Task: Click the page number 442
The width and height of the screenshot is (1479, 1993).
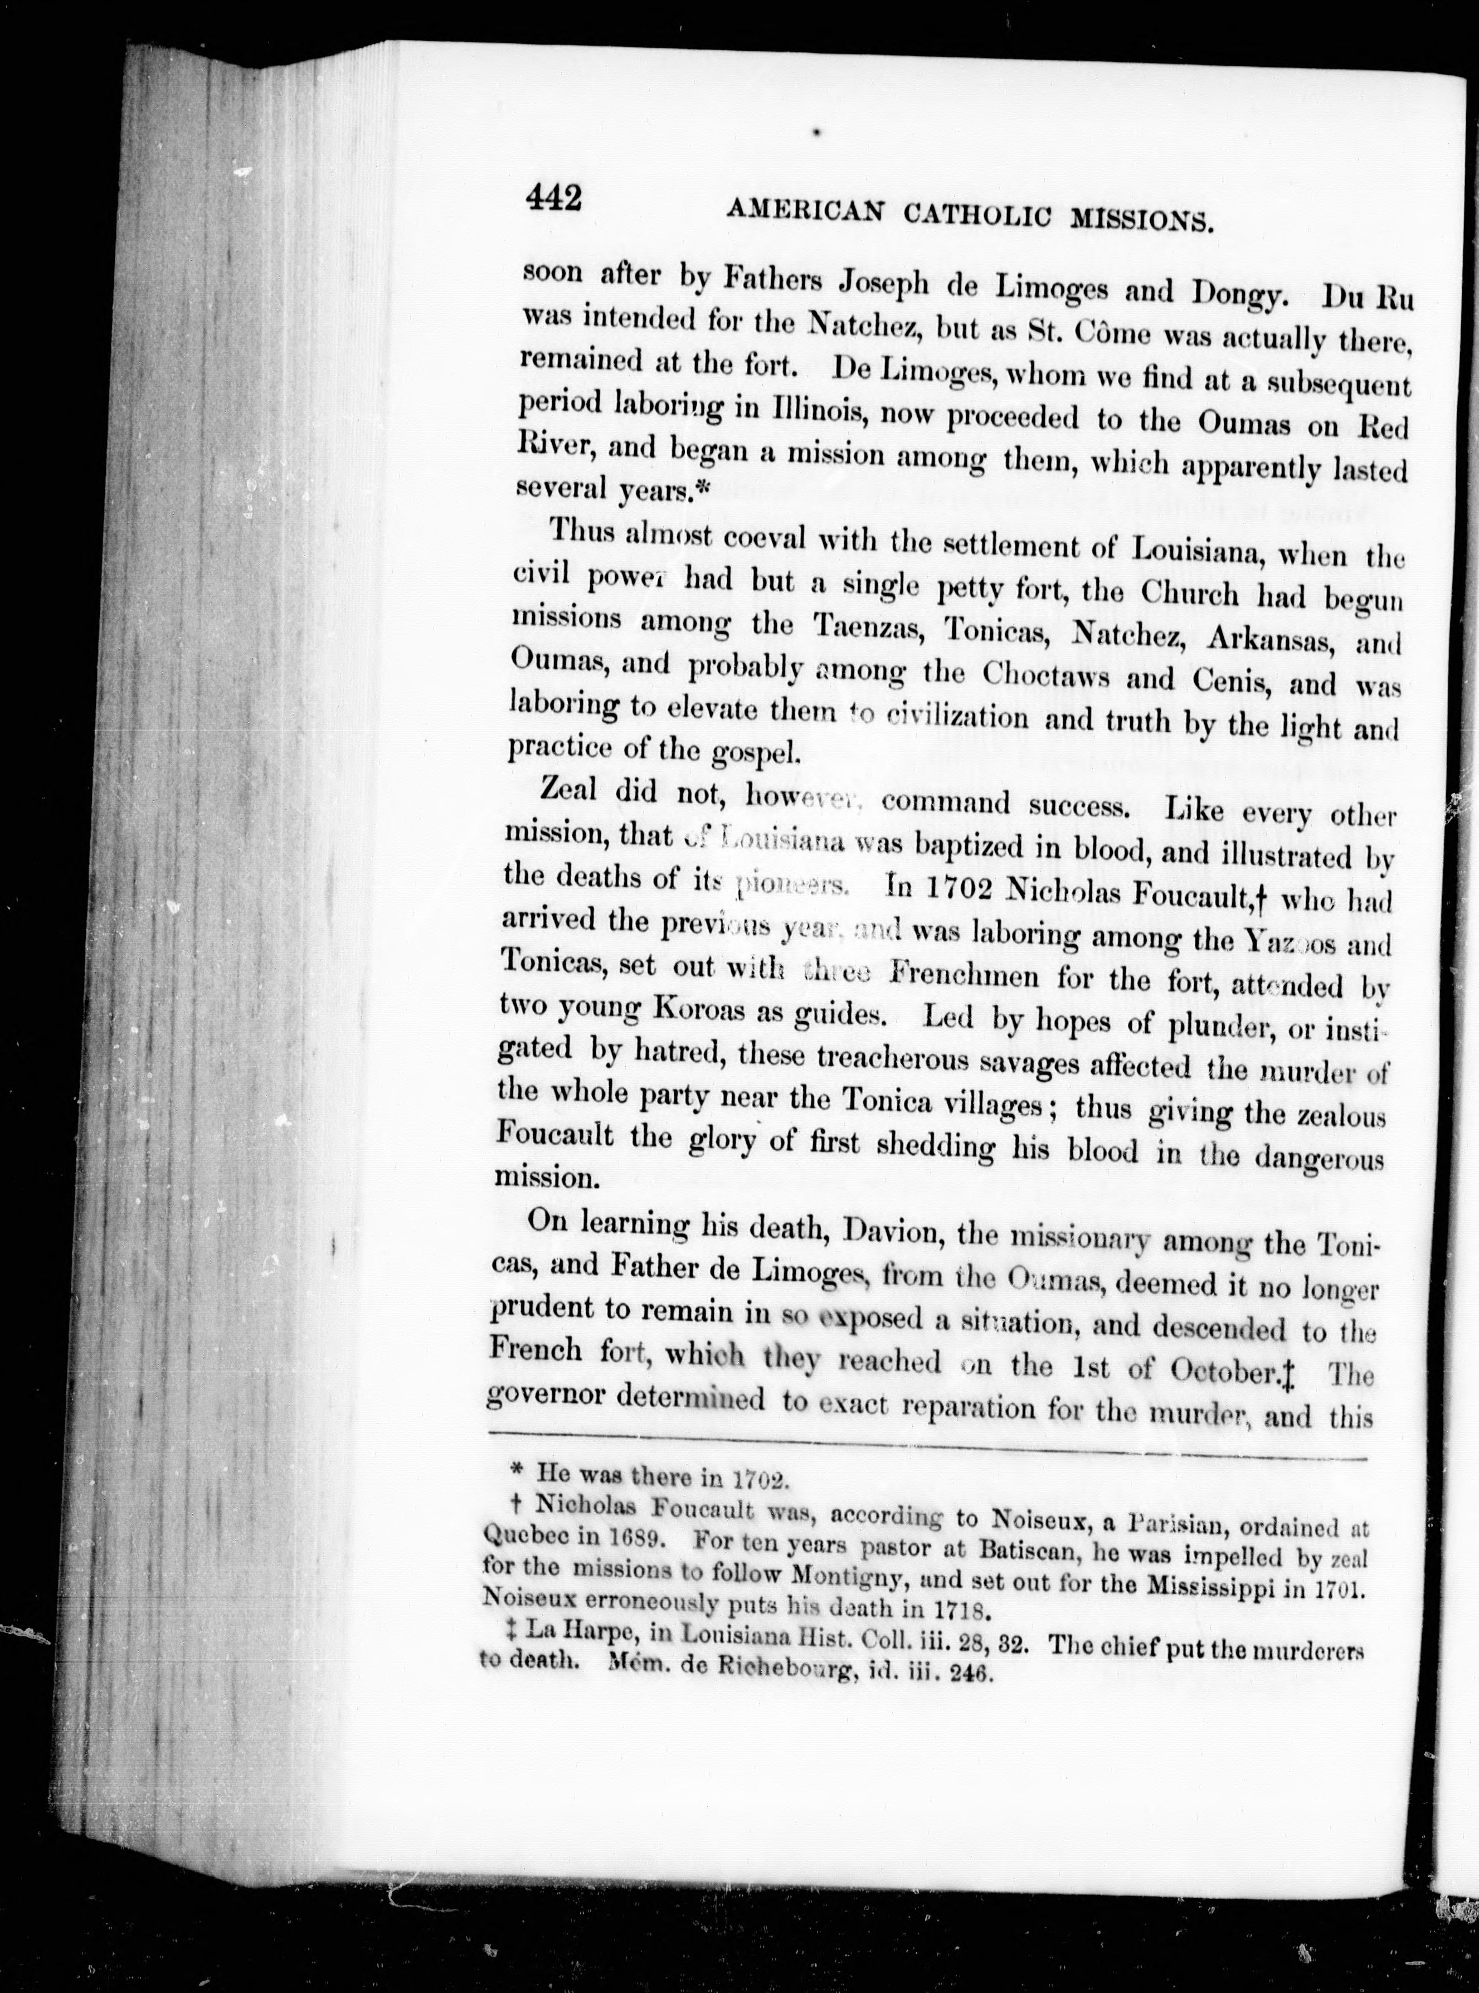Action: coord(554,197)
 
